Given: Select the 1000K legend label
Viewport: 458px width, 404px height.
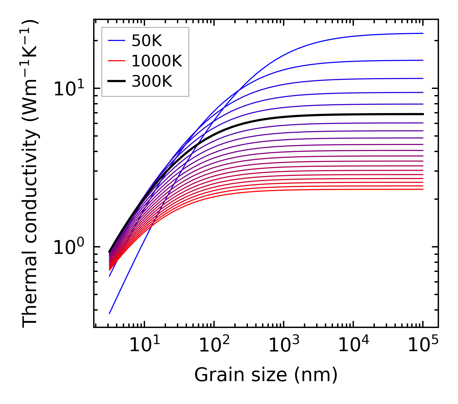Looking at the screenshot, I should [x=157, y=61].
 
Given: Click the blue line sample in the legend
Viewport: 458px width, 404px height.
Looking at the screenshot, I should [x=116, y=41].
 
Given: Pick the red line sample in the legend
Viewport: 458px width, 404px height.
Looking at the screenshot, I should [x=116, y=61].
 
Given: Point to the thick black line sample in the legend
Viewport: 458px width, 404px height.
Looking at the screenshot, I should [x=116, y=81].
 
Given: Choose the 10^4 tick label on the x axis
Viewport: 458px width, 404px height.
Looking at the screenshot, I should [x=353, y=345].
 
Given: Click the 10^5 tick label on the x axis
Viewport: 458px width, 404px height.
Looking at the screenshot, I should [x=423, y=345].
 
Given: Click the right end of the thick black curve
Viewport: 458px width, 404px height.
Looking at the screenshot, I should [x=423, y=114].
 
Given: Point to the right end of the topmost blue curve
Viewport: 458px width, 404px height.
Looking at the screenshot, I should [x=423, y=33].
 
